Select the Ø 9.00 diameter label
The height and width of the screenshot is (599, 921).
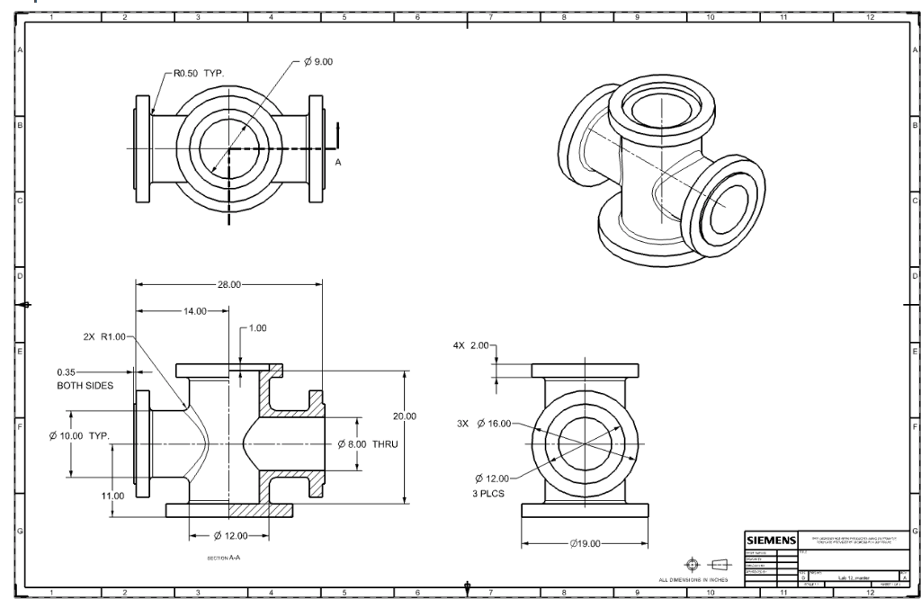click(x=319, y=61)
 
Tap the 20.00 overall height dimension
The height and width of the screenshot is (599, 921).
click(x=405, y=416)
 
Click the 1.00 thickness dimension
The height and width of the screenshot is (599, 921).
click(x=256, y=328)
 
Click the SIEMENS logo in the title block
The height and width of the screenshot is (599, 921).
click(x=770, y=540)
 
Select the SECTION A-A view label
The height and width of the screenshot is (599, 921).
click(x=224, y=558)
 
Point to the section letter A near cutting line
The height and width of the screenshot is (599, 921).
click(x=338, y=162)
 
